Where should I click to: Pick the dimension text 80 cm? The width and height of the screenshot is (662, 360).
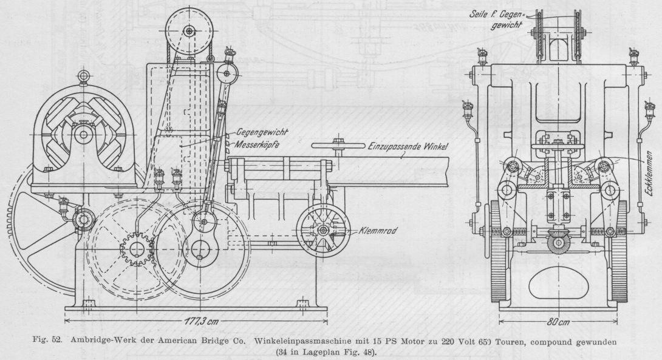click(558, 321)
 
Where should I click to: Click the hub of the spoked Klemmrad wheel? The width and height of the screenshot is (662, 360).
click(322, 231)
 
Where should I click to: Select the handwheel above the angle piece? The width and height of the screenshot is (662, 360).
click(338, 145)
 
